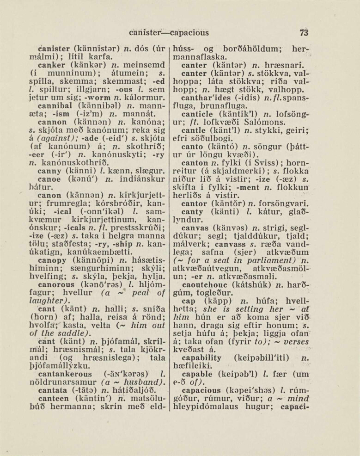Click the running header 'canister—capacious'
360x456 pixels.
coord(169,32)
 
